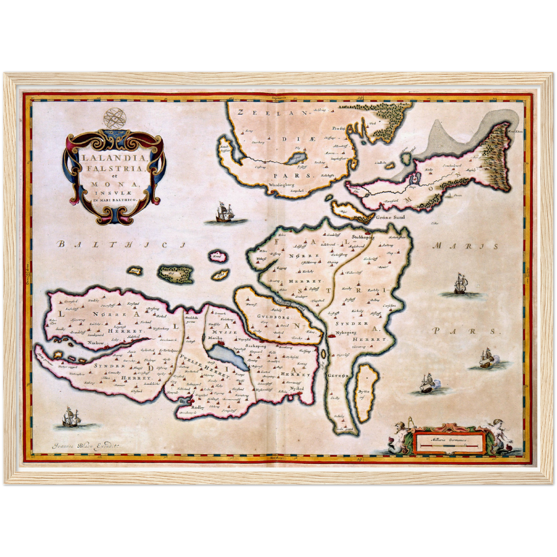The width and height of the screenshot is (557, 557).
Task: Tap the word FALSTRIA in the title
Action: click(112, 168)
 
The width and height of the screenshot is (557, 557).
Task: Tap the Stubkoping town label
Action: click(363, 238)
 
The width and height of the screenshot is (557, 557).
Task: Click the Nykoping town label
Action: click(346, 332)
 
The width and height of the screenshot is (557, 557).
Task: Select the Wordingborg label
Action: click(282, 185)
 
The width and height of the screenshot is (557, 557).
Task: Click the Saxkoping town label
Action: click(255, 346)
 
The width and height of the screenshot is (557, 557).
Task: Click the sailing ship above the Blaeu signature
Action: click(71, 419)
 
